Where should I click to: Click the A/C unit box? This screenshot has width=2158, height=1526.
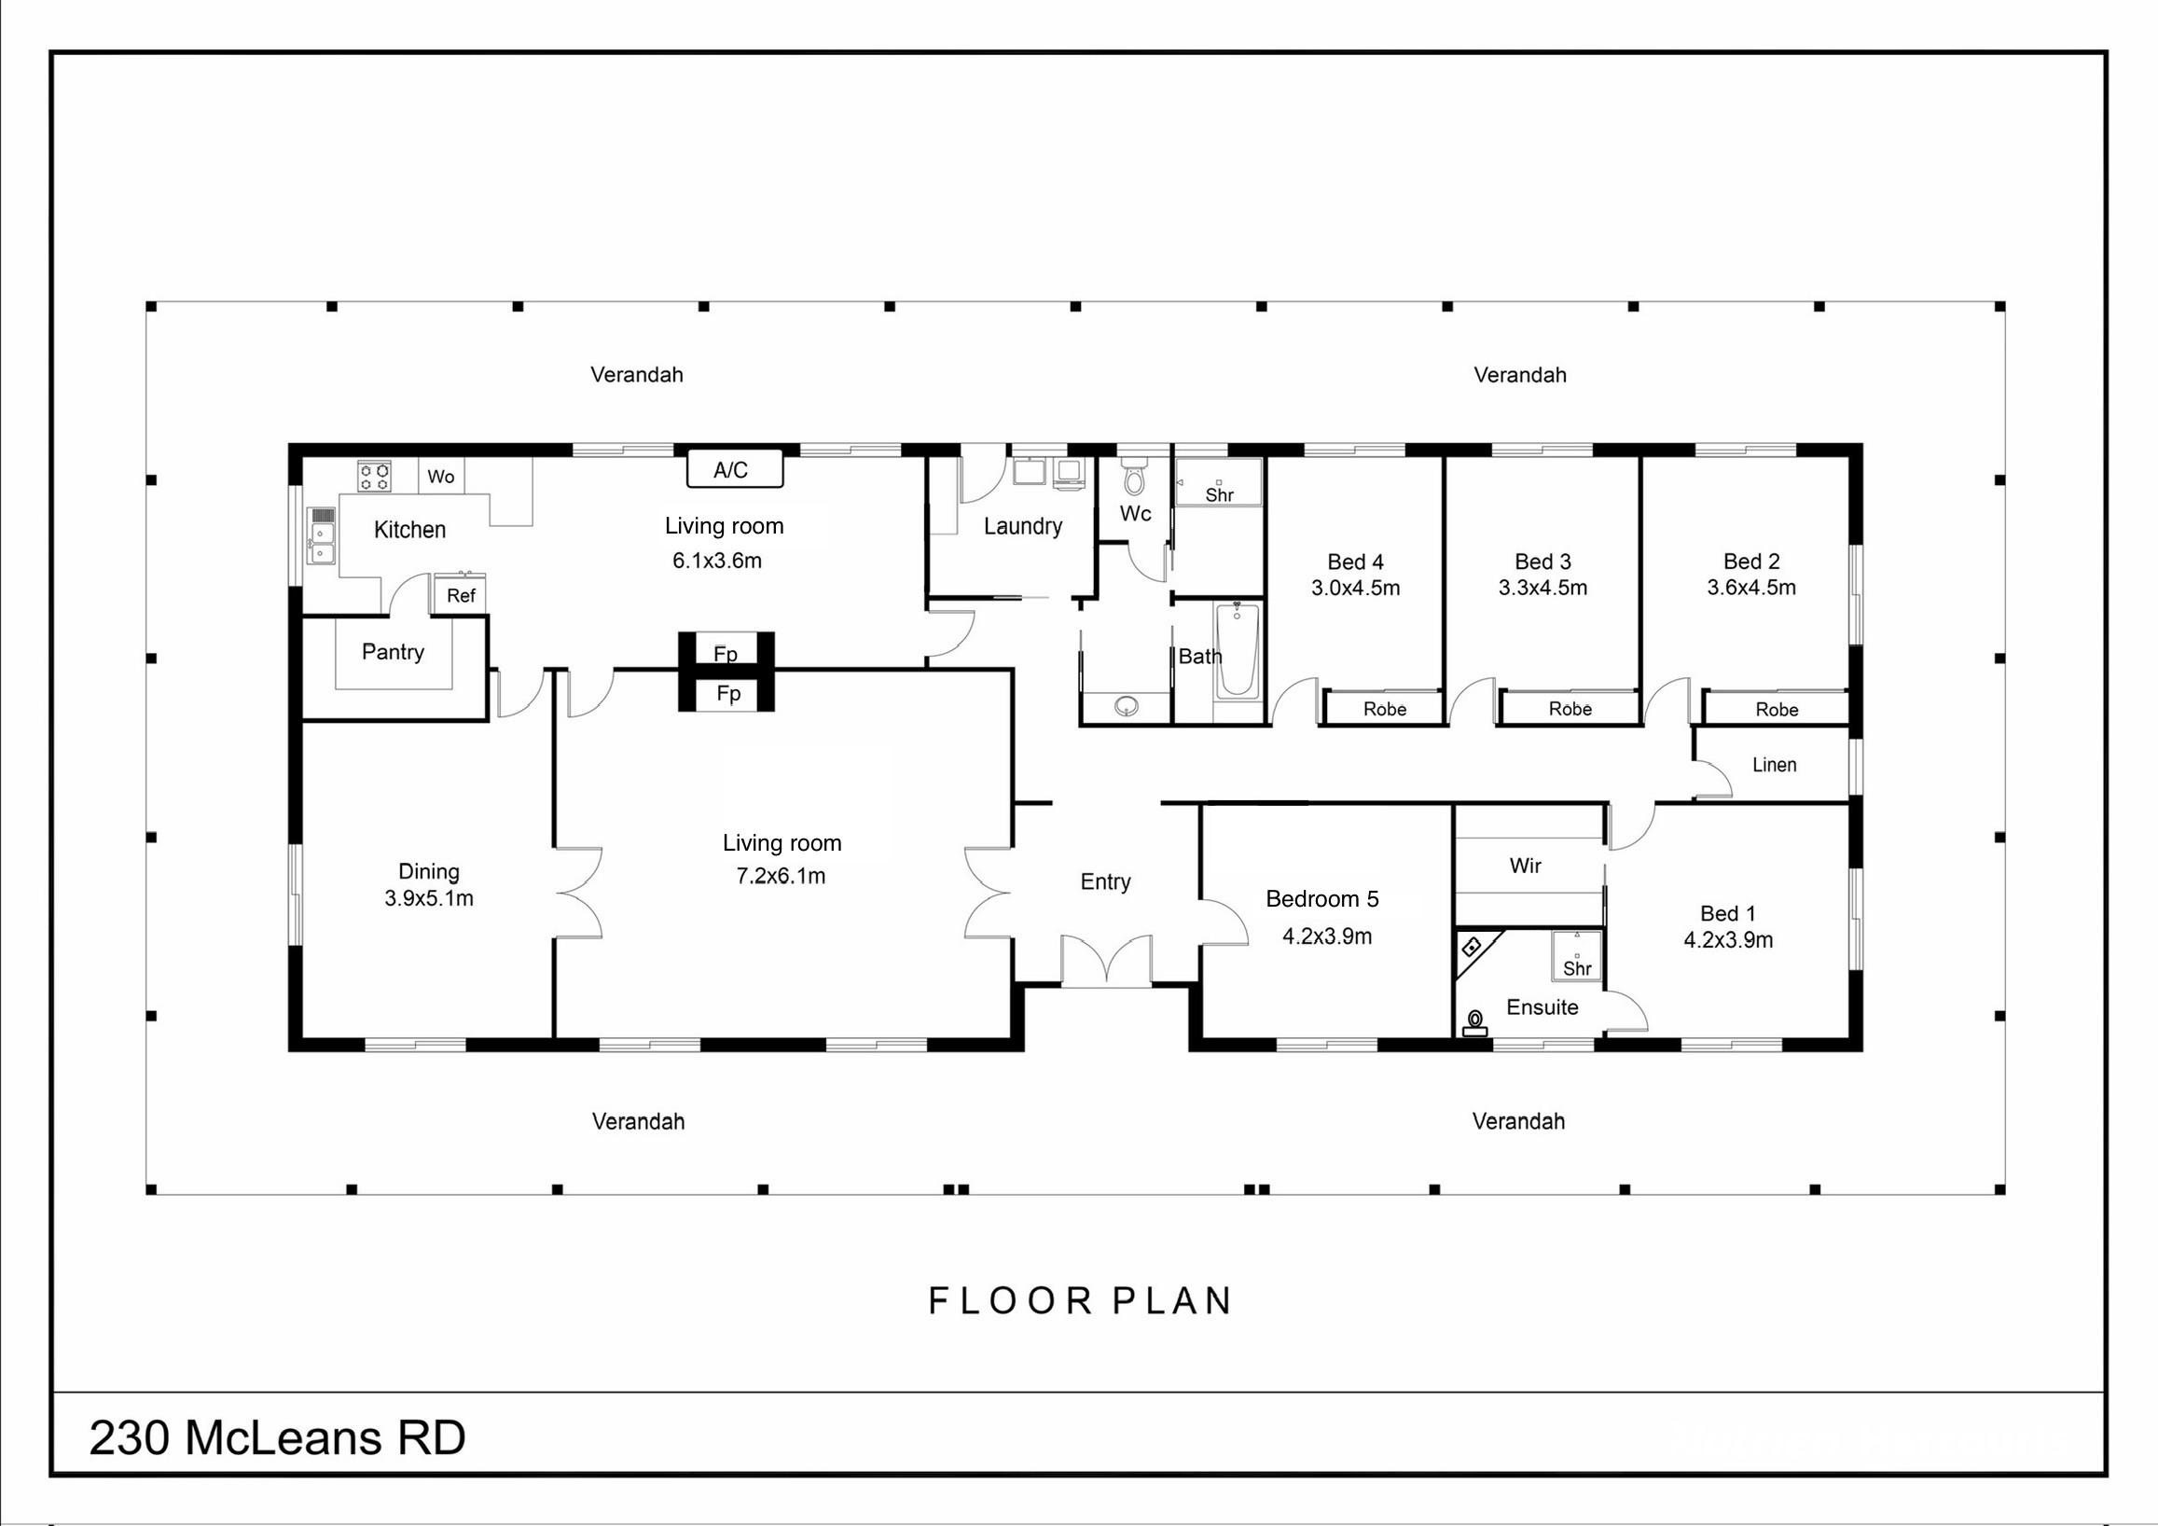click(x=735, y=468)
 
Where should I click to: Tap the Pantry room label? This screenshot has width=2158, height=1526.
click(x=393, y=652)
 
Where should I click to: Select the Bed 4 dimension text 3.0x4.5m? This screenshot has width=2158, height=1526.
click(x=1355, y=588)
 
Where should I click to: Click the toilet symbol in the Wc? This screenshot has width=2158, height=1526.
click(x=1135, y=478)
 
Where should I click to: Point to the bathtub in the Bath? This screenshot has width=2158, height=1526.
click(x=1238, y=651)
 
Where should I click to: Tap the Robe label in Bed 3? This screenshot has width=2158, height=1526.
click(x=1570, y=709)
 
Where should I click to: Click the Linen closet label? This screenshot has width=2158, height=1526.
click(x=1775, y=765)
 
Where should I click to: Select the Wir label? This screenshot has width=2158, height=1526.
click(x=1526, y=865)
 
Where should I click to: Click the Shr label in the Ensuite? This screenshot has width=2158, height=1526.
click(x=1577, y=968)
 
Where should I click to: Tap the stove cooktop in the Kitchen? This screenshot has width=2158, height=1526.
click(x=374, y=476)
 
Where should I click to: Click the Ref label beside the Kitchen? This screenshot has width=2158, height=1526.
click(x=461, y=595)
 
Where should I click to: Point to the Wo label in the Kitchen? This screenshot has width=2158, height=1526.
click(x=441, y=477)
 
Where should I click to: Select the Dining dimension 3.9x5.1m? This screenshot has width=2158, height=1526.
click(x=429, y=898)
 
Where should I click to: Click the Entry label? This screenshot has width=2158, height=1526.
click(x=1105, y=882)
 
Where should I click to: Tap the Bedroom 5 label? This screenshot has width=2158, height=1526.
click(x=1322, y=899)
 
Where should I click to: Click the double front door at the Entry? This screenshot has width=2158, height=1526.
click(x=1107, y=960)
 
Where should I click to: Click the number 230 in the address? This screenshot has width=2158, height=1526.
click(x=131, y=1437)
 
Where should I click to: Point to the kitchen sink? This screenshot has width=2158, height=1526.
click(x=323, y=544)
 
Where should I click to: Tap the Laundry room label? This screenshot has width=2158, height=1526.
click(x=1023, y=526)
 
